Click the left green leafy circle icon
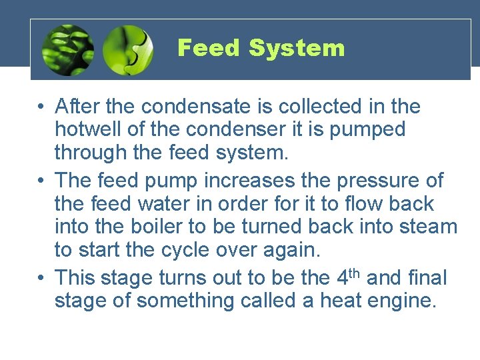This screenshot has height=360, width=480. coord(67,50)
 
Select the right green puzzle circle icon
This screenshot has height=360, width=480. coord(128,50)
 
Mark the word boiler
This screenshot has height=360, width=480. coord(149,227)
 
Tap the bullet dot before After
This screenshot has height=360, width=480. coord(41,107)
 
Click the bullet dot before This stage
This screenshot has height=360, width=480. coord(41,277)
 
